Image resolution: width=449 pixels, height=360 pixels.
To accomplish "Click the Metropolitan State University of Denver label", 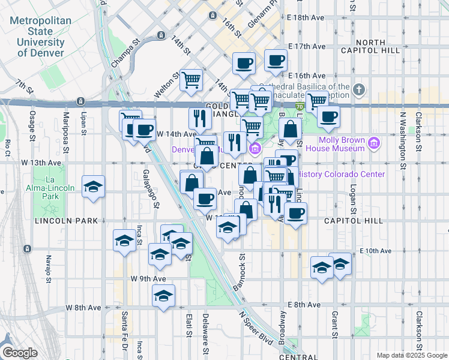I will (40, 37).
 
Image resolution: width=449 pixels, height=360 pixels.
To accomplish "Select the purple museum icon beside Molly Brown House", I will (375, 143).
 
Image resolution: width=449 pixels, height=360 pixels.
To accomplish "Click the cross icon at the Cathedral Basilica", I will (359, 91).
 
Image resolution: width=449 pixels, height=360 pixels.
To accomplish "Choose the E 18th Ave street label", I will (307, 17).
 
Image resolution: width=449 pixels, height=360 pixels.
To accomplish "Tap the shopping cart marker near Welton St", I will (191, 79).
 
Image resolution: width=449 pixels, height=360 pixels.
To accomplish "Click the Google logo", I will (19, 353).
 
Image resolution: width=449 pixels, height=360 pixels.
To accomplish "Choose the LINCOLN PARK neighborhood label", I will (66, 221).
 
